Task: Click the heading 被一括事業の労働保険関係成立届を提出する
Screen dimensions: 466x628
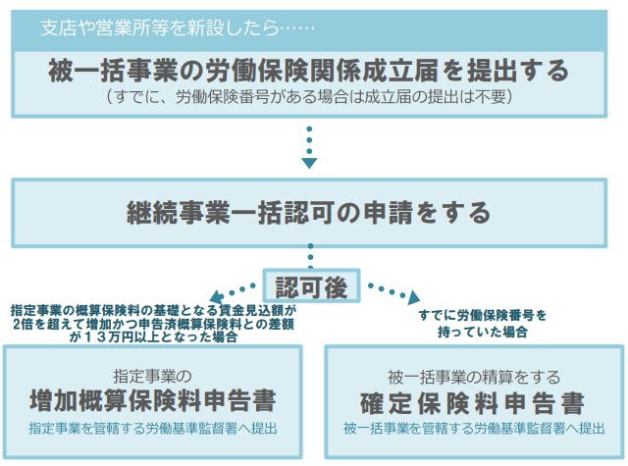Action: tap(308, 72)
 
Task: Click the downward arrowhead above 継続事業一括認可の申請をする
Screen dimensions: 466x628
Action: tap(309, 161)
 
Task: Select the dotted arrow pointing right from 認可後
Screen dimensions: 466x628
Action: tap(392, 292)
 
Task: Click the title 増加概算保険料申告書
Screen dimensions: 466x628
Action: tap(164, 402)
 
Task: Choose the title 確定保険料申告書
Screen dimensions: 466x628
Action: tap(474, 402)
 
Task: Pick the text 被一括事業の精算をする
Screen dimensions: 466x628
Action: tap(474, 376)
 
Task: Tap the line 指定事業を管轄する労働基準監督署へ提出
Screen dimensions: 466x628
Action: tap(165, 429)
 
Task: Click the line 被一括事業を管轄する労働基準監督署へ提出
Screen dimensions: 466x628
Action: tap(474, 429)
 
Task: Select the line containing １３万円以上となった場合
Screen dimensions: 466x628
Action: tap(153, 337)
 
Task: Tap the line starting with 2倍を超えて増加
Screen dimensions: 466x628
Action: tap(153, 323)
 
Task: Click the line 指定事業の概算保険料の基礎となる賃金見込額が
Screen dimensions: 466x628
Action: tap(153, 309)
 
